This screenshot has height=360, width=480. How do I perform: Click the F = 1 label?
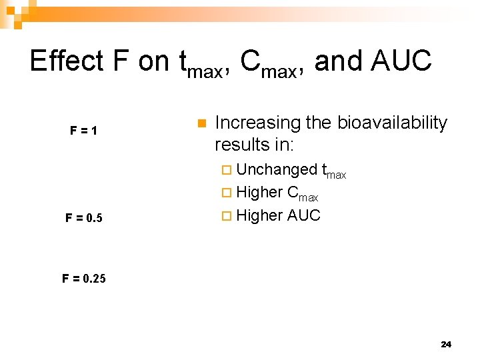[84, 131]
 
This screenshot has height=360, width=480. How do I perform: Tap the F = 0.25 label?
[83, 278]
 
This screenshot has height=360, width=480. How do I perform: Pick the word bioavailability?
[392, 123]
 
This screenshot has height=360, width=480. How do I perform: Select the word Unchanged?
[277, 169]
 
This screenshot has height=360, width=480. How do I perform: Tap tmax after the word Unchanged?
[334, 172]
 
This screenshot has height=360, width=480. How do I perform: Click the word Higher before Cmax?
[259, 192]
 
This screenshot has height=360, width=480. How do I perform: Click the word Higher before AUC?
[259, 215]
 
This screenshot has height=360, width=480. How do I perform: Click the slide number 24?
[446, 344]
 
